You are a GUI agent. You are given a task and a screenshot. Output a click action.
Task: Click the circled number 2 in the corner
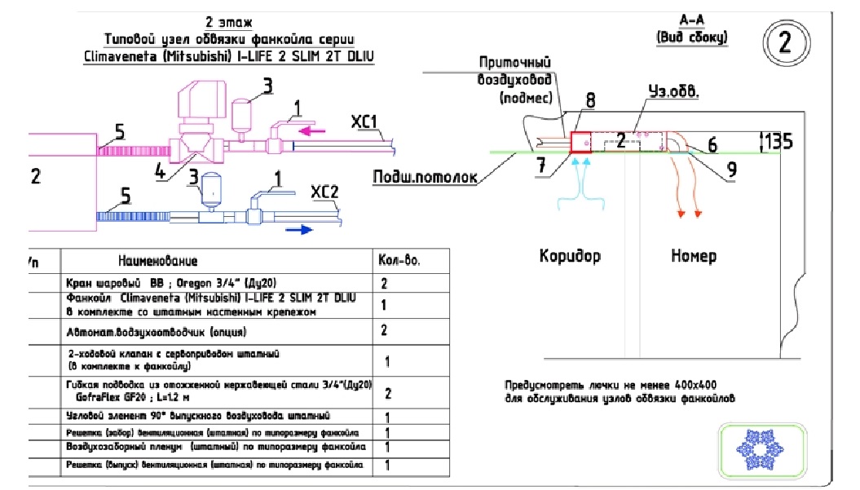[x=785, y=42]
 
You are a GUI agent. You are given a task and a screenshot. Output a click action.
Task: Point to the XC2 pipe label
[x=327, y=194]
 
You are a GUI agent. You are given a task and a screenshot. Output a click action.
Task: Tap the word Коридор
[x=570, y=256]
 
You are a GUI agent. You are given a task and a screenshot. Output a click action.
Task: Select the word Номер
[x=694, y=256]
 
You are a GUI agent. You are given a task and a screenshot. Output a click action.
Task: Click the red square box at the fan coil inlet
[x=580, y=141]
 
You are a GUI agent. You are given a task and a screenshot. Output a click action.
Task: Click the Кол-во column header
[x=399, y=262]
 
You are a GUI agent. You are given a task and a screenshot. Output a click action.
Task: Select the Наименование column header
[x=157, y=262]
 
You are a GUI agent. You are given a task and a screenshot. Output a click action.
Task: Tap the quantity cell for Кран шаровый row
[x=384, y=285]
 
